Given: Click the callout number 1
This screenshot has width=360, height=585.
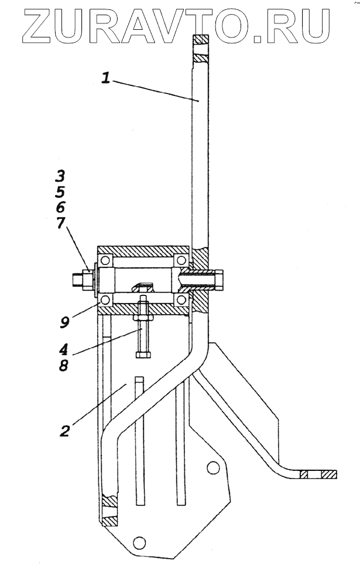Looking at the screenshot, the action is pyautogui.click(x=107, y=78).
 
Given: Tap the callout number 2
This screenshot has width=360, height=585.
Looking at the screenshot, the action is pyautogui.click(x=64, y=431).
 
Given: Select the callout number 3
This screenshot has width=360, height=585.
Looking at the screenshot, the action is pyautogui.click(x=60, y=175).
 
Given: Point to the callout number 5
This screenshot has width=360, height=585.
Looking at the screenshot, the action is pyautogui.click(x=60, y=192).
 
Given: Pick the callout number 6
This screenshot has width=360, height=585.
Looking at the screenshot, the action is pyautogui.click(x=60, y=208).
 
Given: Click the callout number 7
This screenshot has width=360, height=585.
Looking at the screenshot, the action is pyautogui.click(x=60, y=223).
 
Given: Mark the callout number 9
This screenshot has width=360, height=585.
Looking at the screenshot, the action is pyautogui.click(x=64, y=322).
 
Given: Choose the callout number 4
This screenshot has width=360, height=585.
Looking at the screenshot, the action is pyautogui.click(x=63, y=350).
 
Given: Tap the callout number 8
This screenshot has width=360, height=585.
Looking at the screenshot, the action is pyautogui.click(x=63, y=365).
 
